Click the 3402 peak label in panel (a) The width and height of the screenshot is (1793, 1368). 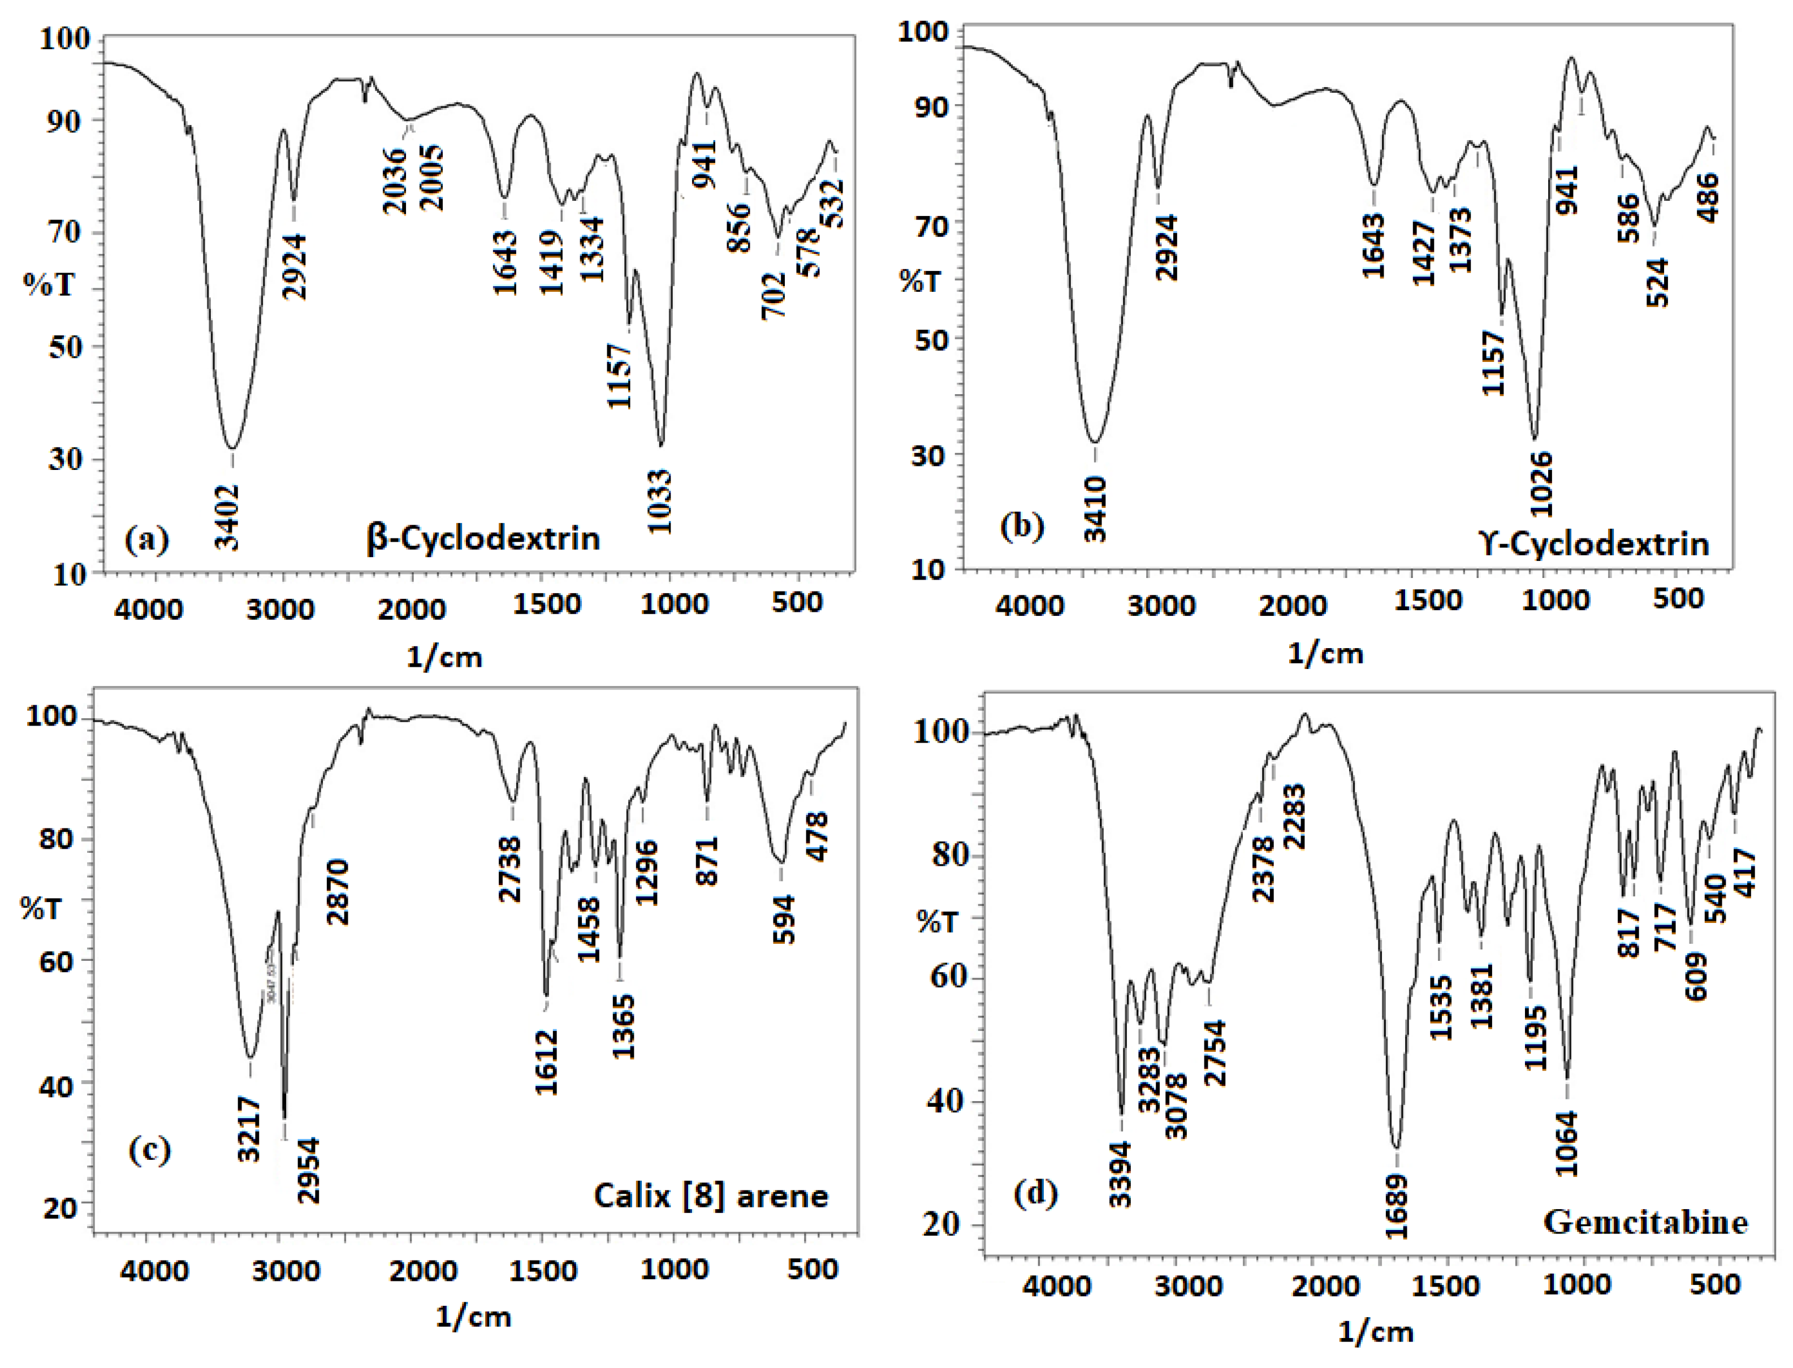(228, 517)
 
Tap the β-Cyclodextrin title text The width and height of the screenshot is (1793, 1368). (483, 539)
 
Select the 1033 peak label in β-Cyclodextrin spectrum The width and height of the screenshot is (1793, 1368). (661, 501)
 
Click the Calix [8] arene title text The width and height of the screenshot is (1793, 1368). (711, 1196)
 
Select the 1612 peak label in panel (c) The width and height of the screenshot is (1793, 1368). (547, 1062)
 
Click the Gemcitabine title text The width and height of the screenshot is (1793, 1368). (1645, 1222)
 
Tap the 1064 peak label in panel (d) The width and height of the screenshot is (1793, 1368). (1567, 1143)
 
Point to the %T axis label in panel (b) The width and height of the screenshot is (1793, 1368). (920, 282)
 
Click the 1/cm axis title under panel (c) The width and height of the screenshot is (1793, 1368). (473, 1317)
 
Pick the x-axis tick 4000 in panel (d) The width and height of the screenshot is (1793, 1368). (1055, 1286)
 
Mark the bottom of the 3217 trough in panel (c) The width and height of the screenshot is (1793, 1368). (251, 1057)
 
